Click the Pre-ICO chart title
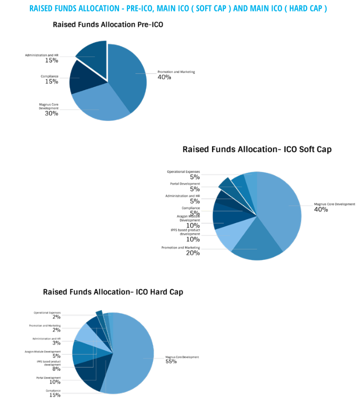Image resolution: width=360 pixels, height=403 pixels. pyautogui.click(x=108, y=24)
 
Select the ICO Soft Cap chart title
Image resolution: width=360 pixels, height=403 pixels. pyautogui.click(x=257, y=149)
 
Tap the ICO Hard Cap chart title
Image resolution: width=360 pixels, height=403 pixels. pyautogui.click(x=113, y=291)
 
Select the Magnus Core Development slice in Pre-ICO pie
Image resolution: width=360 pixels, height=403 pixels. pyautogui.click(x=100, y=107)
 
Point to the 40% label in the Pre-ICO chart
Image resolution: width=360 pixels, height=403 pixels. pyautogui.click(x=164, y=77)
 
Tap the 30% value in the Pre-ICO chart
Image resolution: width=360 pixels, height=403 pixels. pyautogui.click(x=51, y=113)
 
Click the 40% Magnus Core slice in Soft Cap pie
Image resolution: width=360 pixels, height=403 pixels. pyautogui.click(x=280, y=205)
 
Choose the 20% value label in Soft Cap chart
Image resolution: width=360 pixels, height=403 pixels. pyautogui.click(x=192, y=253)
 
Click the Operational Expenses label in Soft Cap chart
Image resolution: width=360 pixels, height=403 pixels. pyautogui.click(x=183, y=171)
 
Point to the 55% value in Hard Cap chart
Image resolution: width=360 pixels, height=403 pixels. pyautogui.click(x=171, y=361)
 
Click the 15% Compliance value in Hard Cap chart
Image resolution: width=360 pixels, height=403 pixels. pyautogui.click(x=54, y=395)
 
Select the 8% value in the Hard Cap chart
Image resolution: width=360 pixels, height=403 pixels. pyautogui.click(x=56, y=369)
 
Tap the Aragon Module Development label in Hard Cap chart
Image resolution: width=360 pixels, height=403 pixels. pyautogui.click(x=42, y=351)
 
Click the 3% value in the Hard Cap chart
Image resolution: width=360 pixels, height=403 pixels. pyautogui.click(x=56, y=343)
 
